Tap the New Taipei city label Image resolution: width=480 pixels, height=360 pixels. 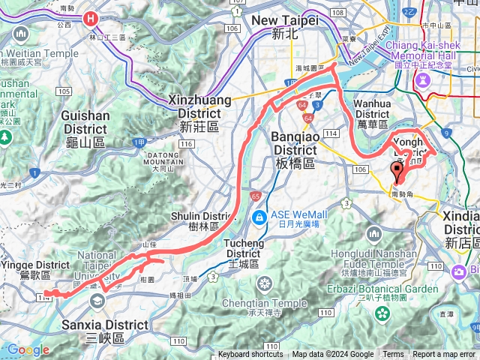285,27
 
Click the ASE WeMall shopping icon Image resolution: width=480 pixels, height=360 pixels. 259,217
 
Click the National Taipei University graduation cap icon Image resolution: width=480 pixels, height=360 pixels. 97,300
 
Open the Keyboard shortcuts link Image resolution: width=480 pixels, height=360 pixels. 250,355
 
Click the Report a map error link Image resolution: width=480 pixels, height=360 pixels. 443,355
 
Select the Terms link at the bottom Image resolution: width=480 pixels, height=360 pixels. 393,355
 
